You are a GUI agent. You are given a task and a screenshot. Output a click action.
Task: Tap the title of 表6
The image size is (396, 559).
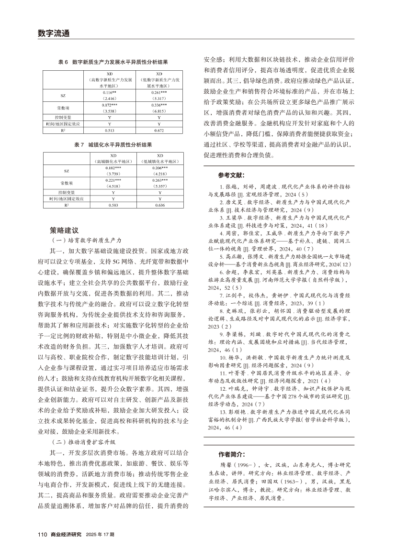point(113,62)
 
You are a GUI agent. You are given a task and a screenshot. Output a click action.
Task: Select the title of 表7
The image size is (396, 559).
point(113,144)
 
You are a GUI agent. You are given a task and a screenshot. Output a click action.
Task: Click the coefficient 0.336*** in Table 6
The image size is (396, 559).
point(159,105)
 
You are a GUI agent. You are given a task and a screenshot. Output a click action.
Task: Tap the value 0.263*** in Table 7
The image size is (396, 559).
point(159,181)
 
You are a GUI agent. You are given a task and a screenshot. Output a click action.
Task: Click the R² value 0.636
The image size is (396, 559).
point(159,205)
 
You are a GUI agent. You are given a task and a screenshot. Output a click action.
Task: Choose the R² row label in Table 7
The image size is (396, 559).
point(67,205)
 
